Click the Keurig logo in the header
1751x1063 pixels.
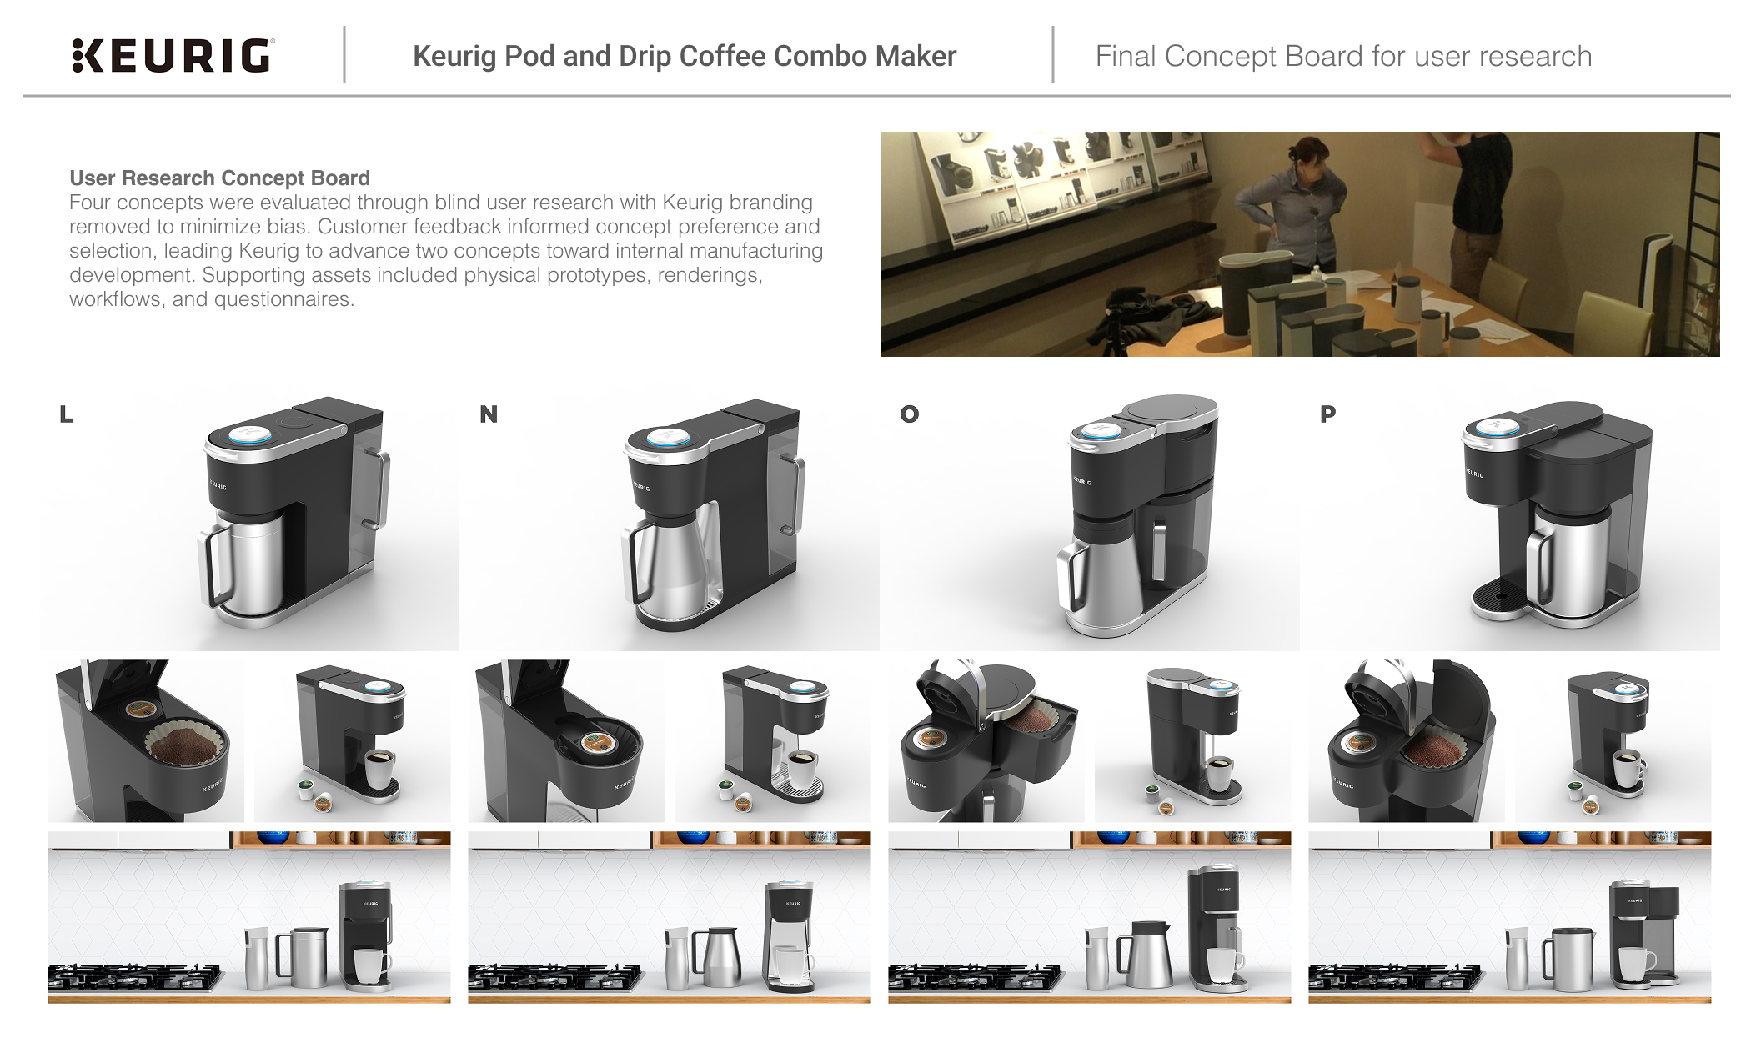click(173, 56)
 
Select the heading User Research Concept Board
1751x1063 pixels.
click(219, 178)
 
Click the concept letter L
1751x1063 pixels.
click(67, 414)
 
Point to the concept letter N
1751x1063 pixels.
click(489, 414)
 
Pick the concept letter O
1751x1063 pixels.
click(909, 414)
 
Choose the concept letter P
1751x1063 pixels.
click(1328, 414)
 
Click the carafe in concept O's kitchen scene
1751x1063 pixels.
click(1148, 955)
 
